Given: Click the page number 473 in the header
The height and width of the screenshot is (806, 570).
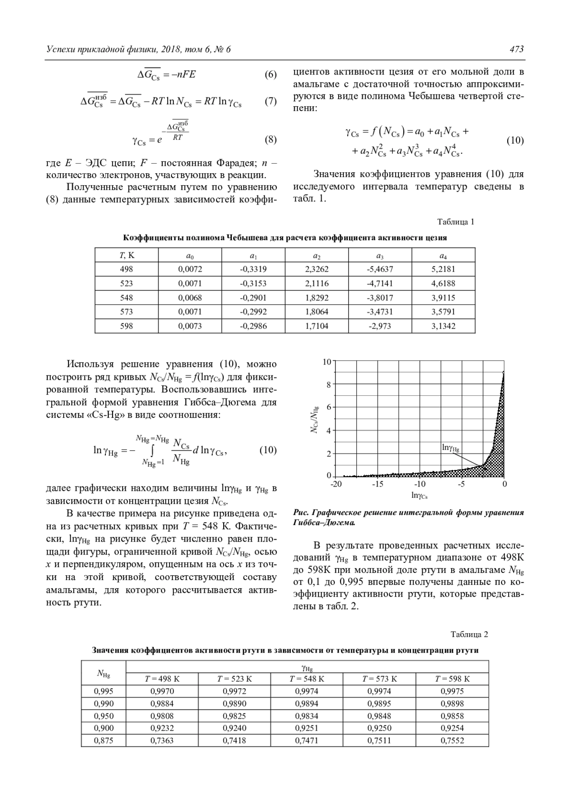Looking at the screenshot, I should (516, 49).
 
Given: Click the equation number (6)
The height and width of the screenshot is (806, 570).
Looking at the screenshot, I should (270, 75).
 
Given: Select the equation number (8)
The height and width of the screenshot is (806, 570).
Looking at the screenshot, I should (270, 140).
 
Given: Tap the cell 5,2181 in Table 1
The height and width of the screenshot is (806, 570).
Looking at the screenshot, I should (443, 269).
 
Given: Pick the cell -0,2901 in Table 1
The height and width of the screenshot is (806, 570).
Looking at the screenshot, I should (253, 298).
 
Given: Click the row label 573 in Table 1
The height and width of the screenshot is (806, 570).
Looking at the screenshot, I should (126, 312).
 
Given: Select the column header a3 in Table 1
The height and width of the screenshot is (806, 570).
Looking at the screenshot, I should (380, 256).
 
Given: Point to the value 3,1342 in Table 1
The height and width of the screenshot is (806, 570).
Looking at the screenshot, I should (443, 326).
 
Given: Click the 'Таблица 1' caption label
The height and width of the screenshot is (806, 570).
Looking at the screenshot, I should (456, 222).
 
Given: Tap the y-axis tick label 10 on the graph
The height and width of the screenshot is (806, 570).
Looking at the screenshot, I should (327, 363).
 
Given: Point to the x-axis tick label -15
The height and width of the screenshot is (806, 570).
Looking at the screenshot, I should (377, 485).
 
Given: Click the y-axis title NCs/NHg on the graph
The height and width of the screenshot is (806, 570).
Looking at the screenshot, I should (315, 419).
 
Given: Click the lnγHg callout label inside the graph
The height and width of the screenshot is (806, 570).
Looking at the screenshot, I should (450, 447).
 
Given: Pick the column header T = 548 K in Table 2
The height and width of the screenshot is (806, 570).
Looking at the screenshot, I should (307, 679).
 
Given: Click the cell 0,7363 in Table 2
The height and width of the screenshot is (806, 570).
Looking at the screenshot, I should (162, 740).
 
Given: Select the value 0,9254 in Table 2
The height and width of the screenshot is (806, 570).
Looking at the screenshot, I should (452, 728).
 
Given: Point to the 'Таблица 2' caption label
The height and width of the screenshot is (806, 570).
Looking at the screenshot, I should (469, 635).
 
